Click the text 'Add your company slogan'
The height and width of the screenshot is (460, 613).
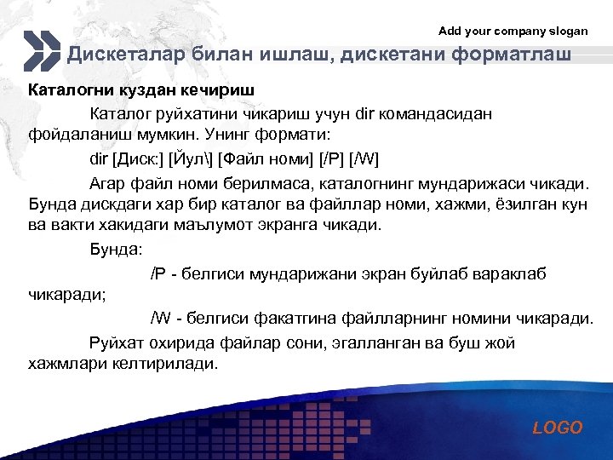513,31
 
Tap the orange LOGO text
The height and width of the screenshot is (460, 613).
558,428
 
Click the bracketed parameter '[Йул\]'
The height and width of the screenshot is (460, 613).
191,159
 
